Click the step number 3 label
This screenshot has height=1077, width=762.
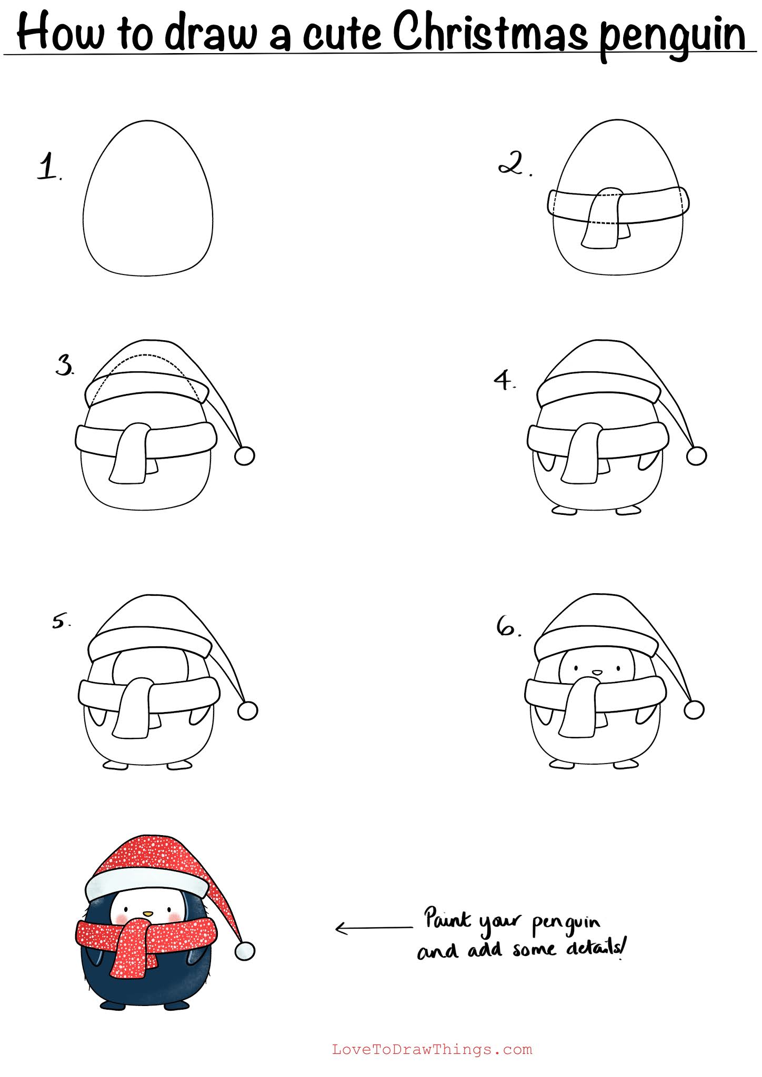pos(65,365)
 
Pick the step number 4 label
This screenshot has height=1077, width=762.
pos(504,380)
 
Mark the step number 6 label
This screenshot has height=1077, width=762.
pos(508,626)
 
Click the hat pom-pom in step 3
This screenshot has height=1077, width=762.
pos(244,455)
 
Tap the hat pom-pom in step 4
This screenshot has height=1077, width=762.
pos(697,455)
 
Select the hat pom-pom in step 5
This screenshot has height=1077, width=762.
pos(247,711)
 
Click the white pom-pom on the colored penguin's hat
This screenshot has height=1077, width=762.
pos(245,951)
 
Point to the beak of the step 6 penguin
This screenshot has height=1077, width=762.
pos(597,672)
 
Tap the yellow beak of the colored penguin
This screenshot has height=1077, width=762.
pos(149,913)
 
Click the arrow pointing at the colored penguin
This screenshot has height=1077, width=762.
pos(374,929)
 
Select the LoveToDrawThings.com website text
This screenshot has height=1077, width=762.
pos(432,1050)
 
